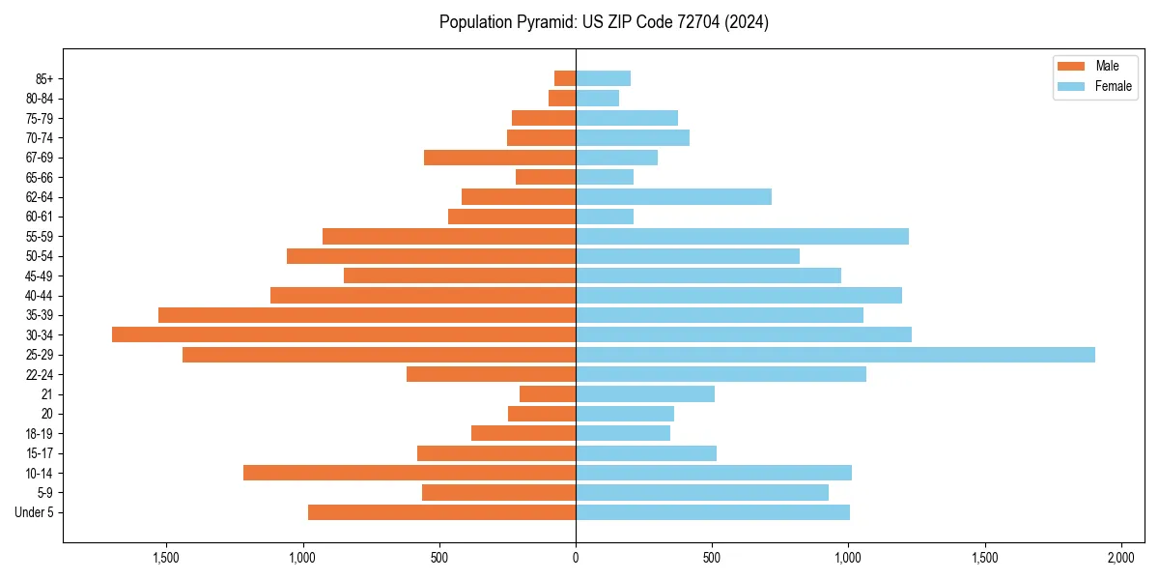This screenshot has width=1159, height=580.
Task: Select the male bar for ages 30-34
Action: (344, 334)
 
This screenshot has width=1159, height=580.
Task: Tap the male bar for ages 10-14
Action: (410, 473)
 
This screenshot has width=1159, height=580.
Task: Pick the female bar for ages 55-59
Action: (742, 237)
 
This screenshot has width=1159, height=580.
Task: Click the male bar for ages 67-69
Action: (499, 158)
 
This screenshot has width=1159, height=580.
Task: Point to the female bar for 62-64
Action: (673, 197)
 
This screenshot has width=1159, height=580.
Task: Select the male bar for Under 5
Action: (441, 512)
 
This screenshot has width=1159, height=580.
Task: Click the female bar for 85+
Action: (603, 78)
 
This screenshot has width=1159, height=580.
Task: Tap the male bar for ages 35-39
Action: (367, 315)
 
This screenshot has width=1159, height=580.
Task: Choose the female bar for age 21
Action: (645, 394)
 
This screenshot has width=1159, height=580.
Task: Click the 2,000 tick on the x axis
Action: (1120, 558)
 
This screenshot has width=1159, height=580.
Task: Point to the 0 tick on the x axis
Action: (576, 558)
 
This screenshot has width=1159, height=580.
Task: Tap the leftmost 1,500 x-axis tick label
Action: (166, 558)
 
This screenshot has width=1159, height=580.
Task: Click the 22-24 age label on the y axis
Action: (39, 375)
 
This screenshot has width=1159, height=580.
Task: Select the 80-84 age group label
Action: (39, 99)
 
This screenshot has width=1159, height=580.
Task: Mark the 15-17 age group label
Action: (39, 453)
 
